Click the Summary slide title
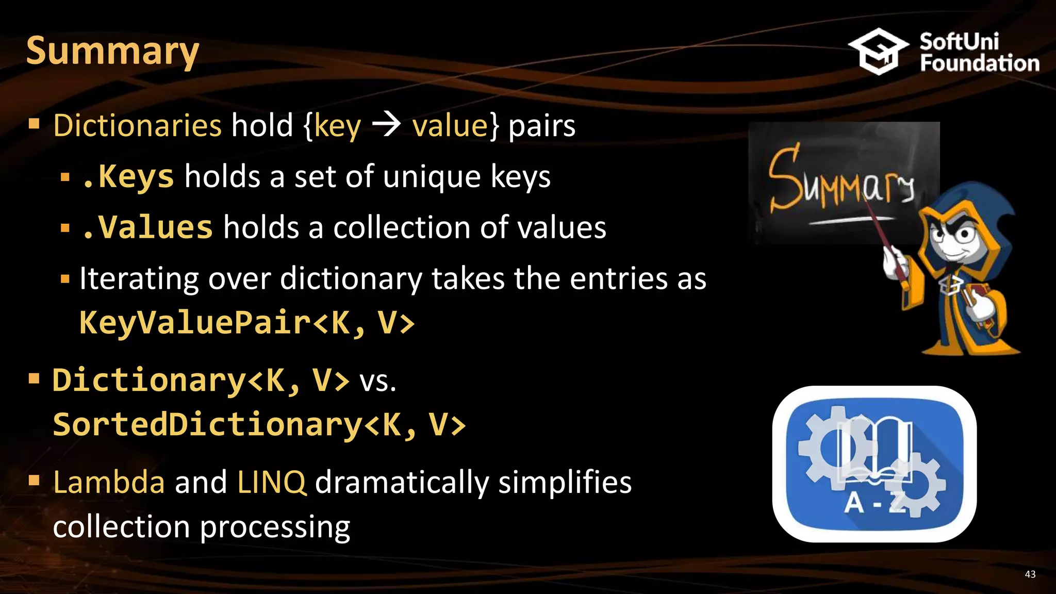coord(112,51)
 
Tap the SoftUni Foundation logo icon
coord(878,52)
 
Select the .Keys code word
coord(128,177)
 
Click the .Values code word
coord(147,227)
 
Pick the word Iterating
coord(139,279)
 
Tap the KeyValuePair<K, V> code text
coord(246,323)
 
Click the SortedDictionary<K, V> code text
coord(259,425)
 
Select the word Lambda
coord(109,482)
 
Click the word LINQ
coord(272,482)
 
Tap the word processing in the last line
coord(275,527)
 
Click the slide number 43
coord(1030,574)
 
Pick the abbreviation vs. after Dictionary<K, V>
coord(378,382)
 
